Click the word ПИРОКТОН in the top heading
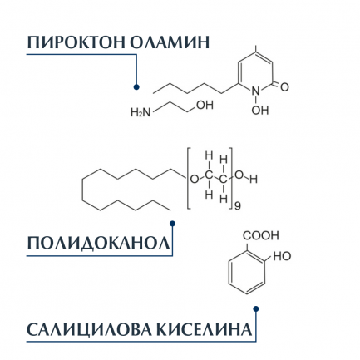click(76, 42)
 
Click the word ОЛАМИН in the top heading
click(170, 42)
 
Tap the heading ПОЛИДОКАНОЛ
click(98, 244)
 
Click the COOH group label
click(261, 235)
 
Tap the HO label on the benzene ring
click(282, 256)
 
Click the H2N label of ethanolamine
click(141, 113)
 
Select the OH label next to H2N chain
click(205, 105)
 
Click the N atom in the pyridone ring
click(256, 91)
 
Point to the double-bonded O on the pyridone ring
click(284, 87)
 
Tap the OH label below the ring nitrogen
click(260, 111)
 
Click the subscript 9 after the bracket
click(238, 206)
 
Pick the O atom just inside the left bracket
click(195, 180)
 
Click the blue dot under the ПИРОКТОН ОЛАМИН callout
click(136, 87)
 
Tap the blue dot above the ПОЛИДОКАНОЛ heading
click(172, 223)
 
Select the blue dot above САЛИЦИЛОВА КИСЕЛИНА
click(256, 308)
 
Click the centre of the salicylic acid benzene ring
click(247, 272)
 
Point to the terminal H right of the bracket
click(254, 180)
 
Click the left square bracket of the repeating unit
click(190, 179)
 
